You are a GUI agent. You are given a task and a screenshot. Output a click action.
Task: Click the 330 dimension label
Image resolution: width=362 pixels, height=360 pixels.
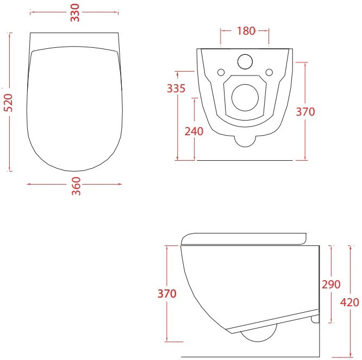pyautogui.click(x=75, y=13)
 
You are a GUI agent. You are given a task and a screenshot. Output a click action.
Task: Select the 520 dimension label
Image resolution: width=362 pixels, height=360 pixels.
pyautogui.click(x=8, y=103)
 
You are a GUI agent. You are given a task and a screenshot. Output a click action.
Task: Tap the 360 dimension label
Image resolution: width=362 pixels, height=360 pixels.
pyautogui.click(x=76, y=186)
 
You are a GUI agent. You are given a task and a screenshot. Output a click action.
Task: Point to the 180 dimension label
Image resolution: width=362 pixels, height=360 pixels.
pyautogui.click(x=246, y=31)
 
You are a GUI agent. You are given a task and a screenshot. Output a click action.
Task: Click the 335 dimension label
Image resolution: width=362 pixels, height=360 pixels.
pyautogui.click(x=176, y=89)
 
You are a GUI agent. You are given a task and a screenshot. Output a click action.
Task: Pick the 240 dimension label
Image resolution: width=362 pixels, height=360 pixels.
pyautogui.click(x=194, y=131)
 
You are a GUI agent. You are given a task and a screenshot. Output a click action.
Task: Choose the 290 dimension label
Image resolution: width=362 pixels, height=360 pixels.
pyautogui.click(x=331, y=285)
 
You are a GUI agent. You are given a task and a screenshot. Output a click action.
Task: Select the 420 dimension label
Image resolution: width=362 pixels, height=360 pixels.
pyautogui.click(x=349, y=302)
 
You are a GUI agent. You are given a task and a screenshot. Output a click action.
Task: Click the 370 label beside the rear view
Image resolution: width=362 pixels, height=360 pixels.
pyautogui.click(x=305, y=112)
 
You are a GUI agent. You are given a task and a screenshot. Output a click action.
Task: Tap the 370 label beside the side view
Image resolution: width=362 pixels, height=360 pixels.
pyautogui.click(x=167, y=294)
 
